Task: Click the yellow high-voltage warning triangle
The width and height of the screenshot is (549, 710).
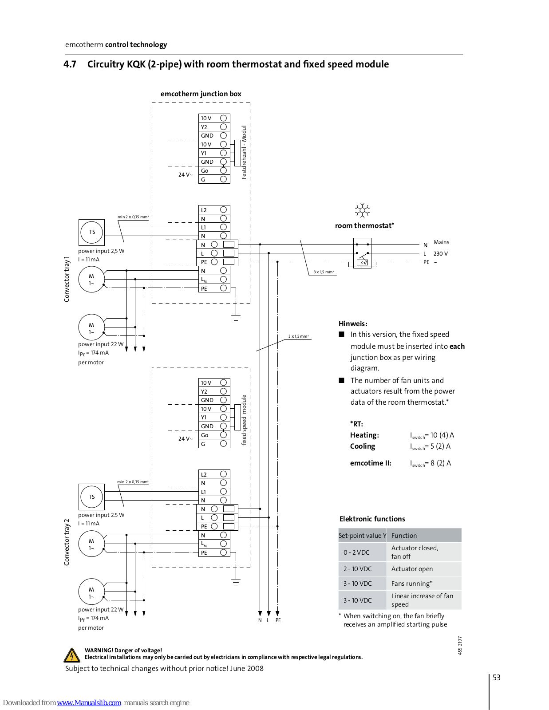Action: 71,655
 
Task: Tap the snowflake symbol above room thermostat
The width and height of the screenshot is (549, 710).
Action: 362,210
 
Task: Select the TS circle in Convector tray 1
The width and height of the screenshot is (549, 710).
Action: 91,233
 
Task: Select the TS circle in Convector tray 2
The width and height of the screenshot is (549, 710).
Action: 91,497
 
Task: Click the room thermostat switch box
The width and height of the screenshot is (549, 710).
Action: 362,253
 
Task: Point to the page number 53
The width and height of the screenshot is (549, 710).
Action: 496,678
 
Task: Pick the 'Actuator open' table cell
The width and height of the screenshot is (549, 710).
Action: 424,569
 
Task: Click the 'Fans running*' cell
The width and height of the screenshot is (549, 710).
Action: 424,583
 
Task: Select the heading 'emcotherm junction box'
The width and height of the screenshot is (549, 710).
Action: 201,94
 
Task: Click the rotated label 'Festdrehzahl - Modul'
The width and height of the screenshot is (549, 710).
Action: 244,152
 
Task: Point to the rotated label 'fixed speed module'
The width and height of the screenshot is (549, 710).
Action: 244,420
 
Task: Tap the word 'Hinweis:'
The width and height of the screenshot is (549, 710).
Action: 353,324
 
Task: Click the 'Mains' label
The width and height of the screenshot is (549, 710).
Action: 441,242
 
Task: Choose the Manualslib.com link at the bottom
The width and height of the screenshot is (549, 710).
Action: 89,702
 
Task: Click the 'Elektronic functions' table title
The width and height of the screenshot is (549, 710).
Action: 372,519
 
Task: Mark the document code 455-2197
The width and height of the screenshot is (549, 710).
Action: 460,645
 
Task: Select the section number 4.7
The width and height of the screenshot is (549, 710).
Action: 70,64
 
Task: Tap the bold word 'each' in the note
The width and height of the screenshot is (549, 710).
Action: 457,346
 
